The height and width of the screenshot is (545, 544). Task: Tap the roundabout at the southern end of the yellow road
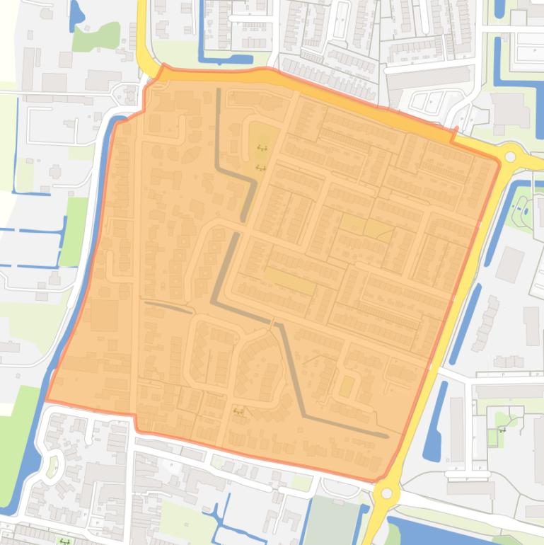click(387, 493)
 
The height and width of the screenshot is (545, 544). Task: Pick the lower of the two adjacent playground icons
click(260, 168)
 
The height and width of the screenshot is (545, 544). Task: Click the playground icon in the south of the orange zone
click(239, 411)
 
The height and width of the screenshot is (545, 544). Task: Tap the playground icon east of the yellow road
click(503, 429)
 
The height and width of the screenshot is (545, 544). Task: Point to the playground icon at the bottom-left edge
click(64, 541)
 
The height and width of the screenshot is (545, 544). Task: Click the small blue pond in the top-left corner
click(76, 16)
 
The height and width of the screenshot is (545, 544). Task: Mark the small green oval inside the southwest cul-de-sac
click(51, 466)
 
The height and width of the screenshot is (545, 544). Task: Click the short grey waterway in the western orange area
click(169, 306)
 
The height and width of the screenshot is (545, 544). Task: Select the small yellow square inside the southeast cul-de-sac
click(346, 387)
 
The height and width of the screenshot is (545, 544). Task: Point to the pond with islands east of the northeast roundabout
click(526, 208)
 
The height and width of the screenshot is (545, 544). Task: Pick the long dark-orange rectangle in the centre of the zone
click(289, 281)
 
